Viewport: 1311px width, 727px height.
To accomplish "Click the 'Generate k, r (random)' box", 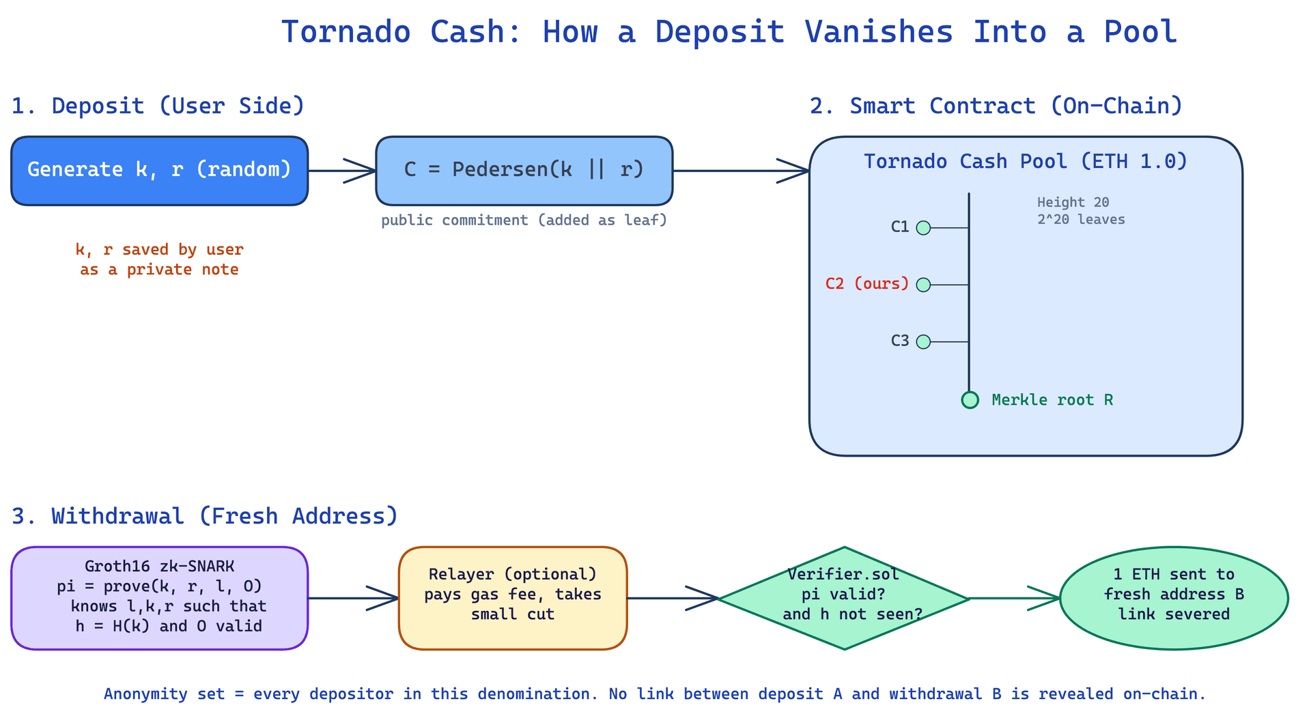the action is tap(160, 171).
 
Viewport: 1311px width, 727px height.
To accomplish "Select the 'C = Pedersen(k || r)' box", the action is tap(524, 171).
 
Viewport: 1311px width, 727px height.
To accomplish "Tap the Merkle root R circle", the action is tap(970, 400).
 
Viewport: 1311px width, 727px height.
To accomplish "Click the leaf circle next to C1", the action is tap(923, 228).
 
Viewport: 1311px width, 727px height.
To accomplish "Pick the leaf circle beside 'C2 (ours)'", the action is tap(923, 285).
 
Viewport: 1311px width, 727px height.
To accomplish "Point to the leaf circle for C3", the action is tap(923, 341).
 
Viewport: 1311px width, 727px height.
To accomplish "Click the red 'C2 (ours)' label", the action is tap(867, 283).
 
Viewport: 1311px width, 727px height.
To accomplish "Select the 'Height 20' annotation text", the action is tap(1073, 202).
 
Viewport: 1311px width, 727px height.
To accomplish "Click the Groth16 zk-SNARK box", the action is tap(160, 598).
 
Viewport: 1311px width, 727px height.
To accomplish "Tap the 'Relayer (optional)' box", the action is tap(513, 598).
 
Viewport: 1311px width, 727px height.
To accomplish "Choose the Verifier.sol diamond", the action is tap(845, 598).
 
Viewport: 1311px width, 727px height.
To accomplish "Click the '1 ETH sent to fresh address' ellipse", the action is tap(1174, 598).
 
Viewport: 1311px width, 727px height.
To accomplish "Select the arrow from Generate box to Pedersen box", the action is tap(342, 171).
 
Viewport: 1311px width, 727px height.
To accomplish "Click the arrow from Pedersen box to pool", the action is tap(742, 171).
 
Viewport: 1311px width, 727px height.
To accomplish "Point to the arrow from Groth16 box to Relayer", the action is tap(354, 598).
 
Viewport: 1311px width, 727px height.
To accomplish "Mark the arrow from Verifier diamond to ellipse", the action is tap(1015, 598).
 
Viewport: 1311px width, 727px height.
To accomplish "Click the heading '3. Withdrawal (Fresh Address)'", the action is tap(205, 516).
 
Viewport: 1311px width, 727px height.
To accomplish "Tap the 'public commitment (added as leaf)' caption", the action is tap(524, 220).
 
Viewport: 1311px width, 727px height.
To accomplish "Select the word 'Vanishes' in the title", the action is tap(879, 32).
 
